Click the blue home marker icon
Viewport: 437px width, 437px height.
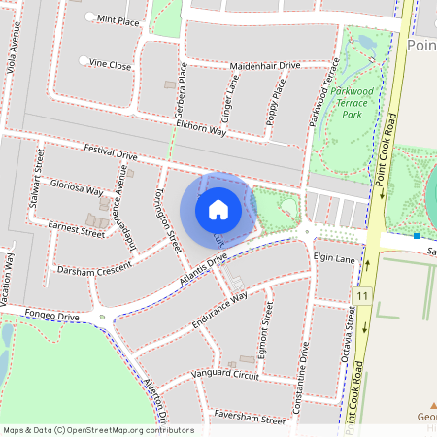218,210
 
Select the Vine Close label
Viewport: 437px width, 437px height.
110,65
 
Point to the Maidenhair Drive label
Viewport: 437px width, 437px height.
265,65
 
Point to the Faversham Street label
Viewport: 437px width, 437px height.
252,420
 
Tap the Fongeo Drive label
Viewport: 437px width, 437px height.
52,317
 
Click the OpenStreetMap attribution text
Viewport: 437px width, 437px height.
97,429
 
